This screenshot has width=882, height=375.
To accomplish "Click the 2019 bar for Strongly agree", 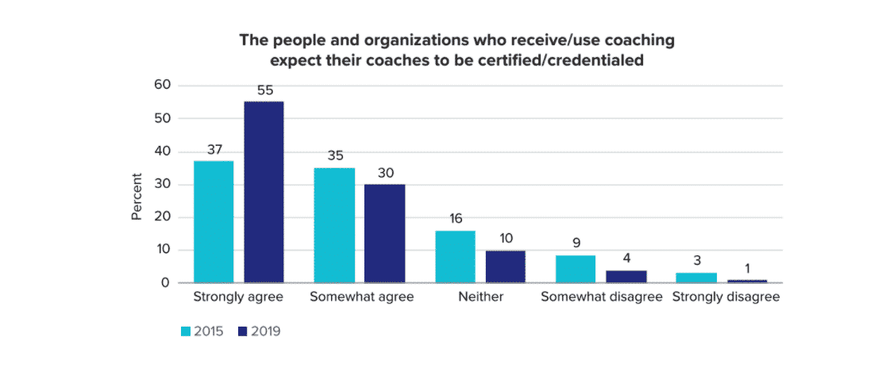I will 264,192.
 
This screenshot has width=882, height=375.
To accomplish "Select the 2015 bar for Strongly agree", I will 214,221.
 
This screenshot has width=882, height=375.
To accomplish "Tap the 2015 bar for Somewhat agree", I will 334,225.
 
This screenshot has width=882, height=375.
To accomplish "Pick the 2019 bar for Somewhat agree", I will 384,233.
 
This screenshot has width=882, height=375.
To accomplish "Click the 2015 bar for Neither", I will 455,256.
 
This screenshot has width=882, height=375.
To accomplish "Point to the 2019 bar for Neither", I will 505,266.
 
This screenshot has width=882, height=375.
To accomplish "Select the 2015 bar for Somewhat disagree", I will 576,269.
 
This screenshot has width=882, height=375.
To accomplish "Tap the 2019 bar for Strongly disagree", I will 747,281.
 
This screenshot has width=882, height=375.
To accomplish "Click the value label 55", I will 264,90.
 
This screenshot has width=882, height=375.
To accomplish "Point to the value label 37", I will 214,150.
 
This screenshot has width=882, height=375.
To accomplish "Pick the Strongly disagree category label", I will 726,298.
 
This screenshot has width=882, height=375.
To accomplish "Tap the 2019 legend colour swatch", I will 243,331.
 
